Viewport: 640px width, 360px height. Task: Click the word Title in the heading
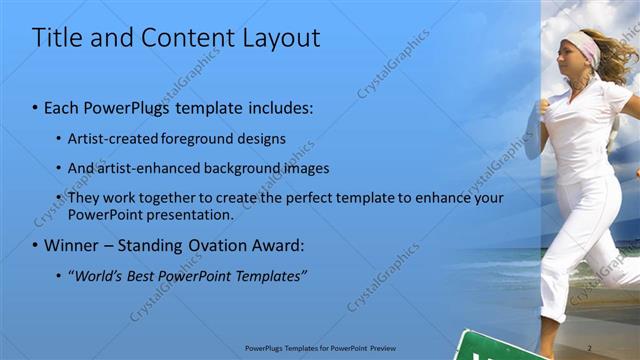(54, 38)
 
